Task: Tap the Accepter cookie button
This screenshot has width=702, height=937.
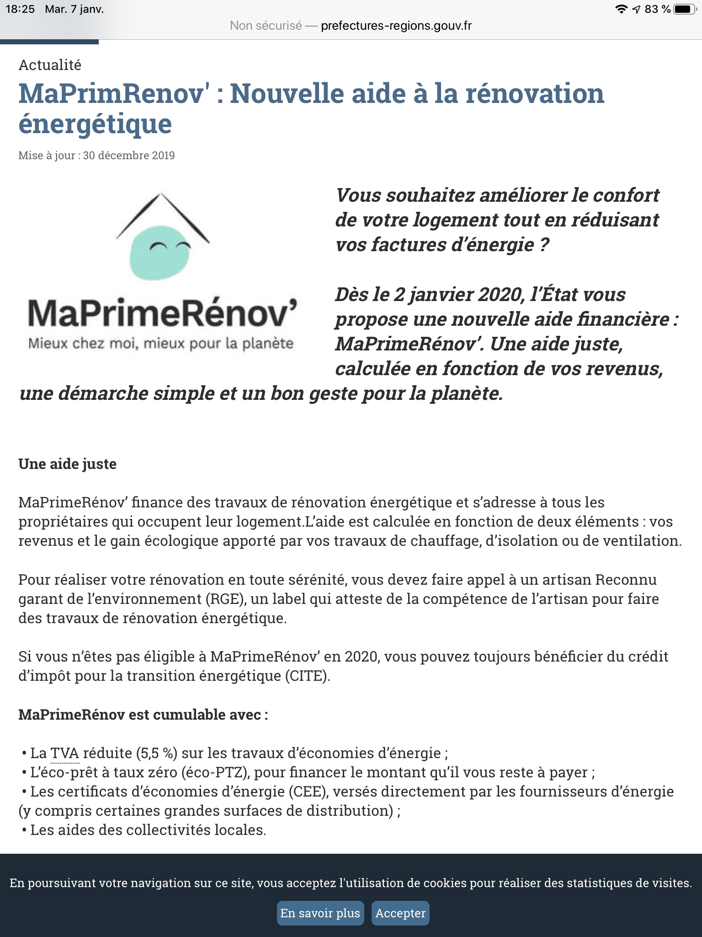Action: coord(400,913)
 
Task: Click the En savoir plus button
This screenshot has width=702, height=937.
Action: coord(320,913)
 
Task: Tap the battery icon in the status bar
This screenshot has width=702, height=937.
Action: coord(684,9)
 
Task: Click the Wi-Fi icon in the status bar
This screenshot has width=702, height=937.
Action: coord(621,9)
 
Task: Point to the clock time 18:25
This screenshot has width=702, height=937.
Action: coord(20,9)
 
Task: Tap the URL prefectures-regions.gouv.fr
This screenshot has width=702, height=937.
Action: coord(396,26)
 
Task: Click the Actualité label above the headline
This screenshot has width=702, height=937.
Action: coord(50,65)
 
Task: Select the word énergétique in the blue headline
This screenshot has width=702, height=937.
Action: coord(95,124)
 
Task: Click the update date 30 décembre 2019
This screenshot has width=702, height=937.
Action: coord(129,156)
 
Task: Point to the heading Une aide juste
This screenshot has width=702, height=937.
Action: coord(67,464)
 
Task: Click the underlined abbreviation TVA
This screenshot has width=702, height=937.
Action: coord(64,753)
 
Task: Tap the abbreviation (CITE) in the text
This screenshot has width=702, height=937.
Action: coord(307,676)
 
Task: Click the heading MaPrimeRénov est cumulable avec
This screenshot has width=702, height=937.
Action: coord(143,715)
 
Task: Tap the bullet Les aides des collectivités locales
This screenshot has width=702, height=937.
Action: coord(148,830)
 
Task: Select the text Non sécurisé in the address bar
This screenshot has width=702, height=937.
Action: coord(266,26)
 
